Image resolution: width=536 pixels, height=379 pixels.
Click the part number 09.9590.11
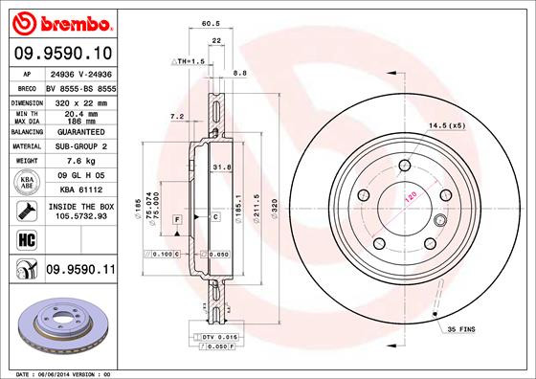click(x=79, y=271)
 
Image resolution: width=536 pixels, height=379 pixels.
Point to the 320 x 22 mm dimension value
click(x=79, y=100)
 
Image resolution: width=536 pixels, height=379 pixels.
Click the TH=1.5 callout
click(x=189, y=61)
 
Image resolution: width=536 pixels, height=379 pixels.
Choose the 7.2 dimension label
click(x=176, y=117)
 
